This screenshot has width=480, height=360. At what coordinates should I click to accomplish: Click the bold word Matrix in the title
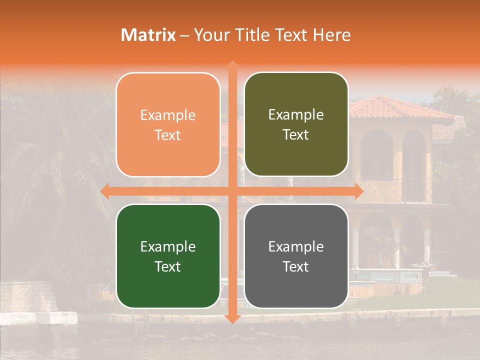coord(148,35)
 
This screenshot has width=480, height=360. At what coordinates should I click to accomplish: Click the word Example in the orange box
coord(168,115)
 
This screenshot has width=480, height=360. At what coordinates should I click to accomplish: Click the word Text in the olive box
coord(296,135)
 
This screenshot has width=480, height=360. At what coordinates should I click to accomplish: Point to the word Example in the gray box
coord(296,246)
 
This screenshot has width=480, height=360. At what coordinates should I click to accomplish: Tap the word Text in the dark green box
coord(168,266)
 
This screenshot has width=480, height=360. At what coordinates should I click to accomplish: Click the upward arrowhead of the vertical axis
coord(232,65)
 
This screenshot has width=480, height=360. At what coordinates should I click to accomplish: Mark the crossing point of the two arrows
coord(232,191)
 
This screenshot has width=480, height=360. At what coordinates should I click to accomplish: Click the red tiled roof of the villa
coord(395,108)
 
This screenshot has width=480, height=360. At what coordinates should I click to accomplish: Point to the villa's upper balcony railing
coord(400,192)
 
